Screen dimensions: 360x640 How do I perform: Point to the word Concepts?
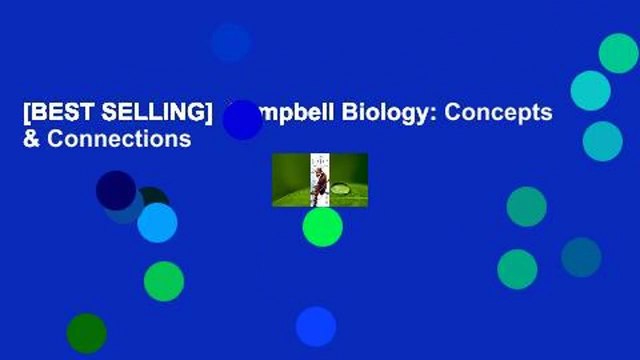(x=499, y=113)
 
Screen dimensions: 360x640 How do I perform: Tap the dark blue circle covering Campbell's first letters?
(x=242, y=119)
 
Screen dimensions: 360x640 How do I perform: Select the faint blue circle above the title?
(x=231, y=42)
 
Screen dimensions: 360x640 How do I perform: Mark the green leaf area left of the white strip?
(x=289, y=180)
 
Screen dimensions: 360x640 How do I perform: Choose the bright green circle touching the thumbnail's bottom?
(x=322, y=226)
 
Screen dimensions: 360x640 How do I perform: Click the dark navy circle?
(x=115, y=189)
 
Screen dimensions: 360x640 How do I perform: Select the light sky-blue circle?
(x=157, y=222)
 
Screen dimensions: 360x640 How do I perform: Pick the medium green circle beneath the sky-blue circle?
(x=163, y=281)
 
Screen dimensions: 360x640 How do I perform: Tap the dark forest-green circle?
(x=86, y=333)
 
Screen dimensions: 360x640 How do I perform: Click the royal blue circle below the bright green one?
(x=315, y=326)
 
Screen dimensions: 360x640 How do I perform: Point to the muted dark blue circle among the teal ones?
(x=581, y=257)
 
